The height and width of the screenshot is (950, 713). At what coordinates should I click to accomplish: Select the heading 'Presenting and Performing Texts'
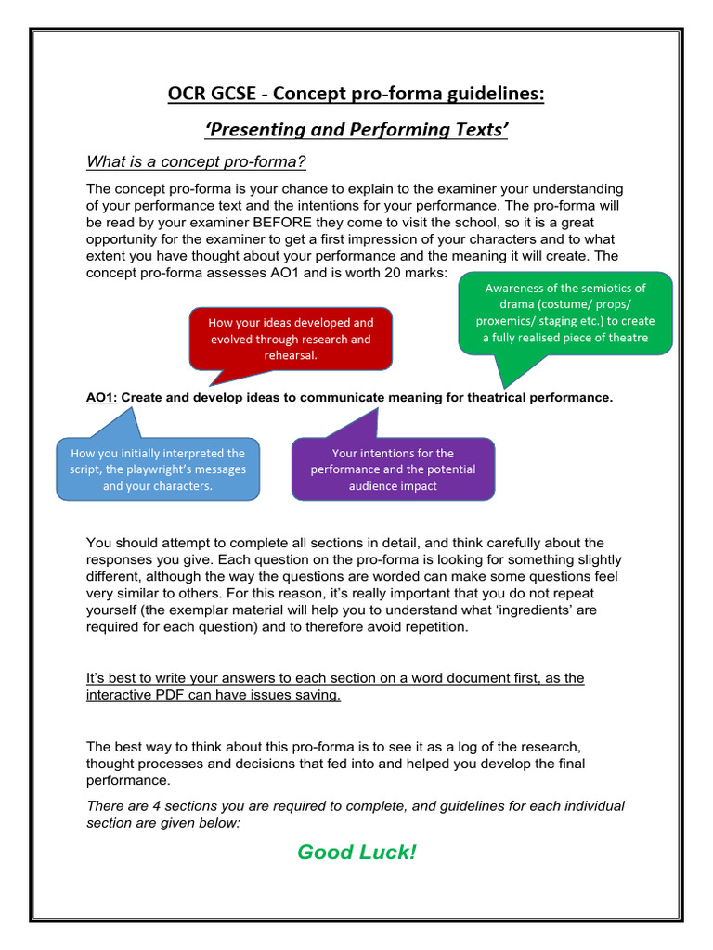click(356, 130)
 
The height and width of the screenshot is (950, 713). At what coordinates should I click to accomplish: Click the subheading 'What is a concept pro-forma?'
click(196, 162)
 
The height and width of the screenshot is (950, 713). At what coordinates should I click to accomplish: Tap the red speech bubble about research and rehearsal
click(290, 339)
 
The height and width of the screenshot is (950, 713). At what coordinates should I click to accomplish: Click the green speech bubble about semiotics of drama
click(564, 313)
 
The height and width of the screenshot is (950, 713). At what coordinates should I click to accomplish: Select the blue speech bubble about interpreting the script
click(158, 469)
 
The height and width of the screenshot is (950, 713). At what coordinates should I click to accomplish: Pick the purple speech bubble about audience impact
click(393, 469)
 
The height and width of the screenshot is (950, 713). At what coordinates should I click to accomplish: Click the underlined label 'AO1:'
click(101, 398)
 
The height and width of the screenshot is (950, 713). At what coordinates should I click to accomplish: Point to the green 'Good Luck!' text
click(356, 852)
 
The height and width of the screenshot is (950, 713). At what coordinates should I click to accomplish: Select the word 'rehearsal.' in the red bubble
click(290, 355)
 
